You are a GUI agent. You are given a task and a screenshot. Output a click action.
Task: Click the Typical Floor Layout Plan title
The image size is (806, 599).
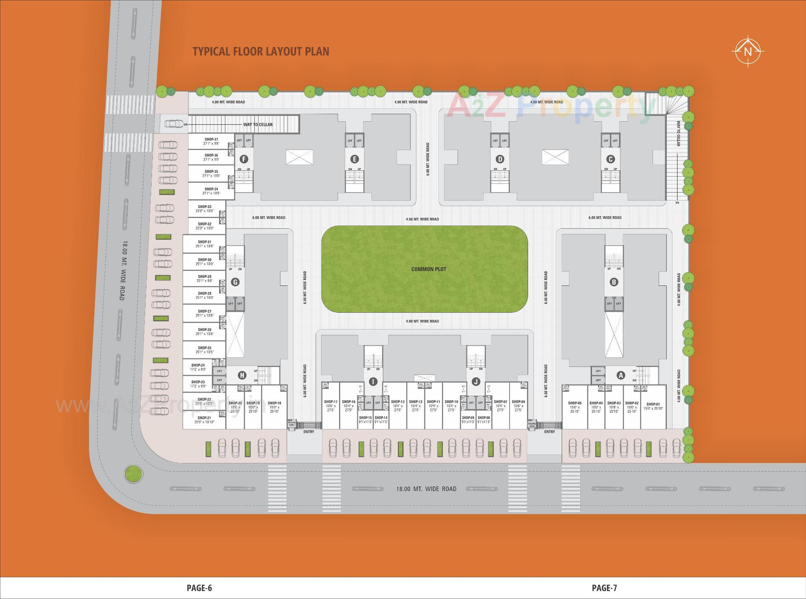tap(261, 51)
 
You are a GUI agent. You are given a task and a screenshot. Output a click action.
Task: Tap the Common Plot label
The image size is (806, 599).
tap(429, 269)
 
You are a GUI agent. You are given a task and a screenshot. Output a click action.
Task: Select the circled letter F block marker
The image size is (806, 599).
tap(243, 159)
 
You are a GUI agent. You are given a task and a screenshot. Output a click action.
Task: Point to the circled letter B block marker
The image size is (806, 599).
tap(614, 282)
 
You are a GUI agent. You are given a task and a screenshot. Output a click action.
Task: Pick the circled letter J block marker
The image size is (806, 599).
tap(476, 382)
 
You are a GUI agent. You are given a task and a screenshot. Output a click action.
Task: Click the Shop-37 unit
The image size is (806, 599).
tap(211, 141)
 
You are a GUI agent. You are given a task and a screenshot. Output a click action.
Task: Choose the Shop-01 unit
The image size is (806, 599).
tap(653, 406)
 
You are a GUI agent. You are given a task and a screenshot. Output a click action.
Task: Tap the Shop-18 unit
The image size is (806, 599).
tap(274, 407)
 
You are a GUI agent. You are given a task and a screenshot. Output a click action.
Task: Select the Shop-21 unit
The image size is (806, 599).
tap(204, 420)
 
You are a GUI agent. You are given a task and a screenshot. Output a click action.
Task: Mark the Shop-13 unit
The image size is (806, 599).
tap(398, 405)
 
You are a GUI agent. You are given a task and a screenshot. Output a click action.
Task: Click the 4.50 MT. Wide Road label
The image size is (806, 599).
tap(422, 219)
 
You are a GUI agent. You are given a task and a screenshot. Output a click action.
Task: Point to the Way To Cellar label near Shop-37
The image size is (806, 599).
tap(258, 125)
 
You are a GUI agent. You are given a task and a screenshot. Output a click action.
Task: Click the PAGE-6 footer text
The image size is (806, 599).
tap(199, 588)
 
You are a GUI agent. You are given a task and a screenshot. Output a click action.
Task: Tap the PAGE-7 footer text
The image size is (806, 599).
tap(604, 588)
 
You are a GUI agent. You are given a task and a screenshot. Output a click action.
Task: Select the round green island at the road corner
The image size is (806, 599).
tap(134, 473)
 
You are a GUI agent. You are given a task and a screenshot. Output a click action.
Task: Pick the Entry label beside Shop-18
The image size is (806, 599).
tap(309, 432)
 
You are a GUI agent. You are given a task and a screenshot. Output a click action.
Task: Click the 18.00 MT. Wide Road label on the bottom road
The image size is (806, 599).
tap(426, 489)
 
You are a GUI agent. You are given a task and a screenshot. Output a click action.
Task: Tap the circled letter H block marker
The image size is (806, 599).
tap(242, 375)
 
